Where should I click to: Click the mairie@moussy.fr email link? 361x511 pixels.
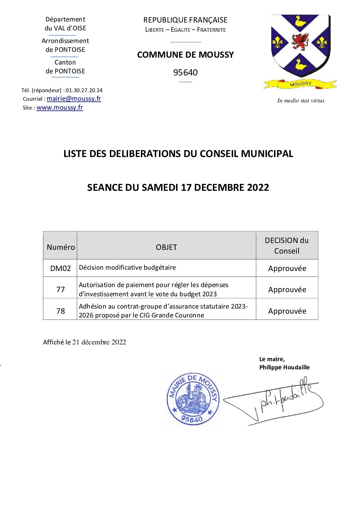click(74, 99)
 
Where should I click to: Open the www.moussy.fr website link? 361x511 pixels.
click(60, 108)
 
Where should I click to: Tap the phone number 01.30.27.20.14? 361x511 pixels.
click(84, 90)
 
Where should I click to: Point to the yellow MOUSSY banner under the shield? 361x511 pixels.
click(300, 84)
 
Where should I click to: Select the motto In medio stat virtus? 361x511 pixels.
click(301, 100)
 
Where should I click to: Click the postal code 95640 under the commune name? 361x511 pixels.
click(185, 72)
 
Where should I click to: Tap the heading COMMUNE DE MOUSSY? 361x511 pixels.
click(185, 55)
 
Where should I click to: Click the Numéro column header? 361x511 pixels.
click(60, 247)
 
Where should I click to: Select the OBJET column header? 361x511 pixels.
click(166, 247)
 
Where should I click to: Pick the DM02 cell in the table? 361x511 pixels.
click(60, 268)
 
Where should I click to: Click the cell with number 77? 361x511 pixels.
click(60, 289)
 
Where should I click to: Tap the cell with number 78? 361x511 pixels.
click(60, 311)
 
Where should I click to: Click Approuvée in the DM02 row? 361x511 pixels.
click(287, 268)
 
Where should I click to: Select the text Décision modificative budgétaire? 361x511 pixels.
click(127, 267)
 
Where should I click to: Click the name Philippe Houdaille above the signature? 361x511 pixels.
click(284, 367)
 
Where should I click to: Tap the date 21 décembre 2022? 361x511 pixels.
click(99, 342)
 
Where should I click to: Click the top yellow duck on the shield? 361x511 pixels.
click(300, 22)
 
